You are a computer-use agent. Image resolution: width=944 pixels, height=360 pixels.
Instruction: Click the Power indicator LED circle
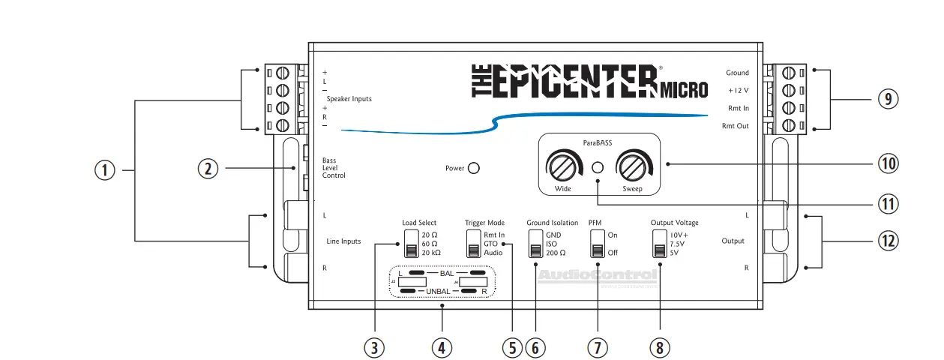point(474,169)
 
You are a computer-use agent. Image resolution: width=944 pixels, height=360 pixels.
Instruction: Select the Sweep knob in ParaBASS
point(631,164)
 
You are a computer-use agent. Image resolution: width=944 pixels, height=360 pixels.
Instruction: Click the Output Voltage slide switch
point(659,243)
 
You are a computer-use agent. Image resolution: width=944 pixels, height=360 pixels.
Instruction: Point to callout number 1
point(105,171)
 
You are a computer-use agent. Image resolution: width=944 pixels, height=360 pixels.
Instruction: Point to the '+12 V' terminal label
point(738,90)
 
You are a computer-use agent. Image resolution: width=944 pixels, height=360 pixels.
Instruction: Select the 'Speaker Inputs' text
point(349,99)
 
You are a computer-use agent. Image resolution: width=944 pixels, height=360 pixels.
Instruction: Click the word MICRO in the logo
point(684,91)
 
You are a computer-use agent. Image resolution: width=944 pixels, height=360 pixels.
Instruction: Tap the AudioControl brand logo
point(598,276)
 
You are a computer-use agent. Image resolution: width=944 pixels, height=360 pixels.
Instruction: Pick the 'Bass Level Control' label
point(334,167)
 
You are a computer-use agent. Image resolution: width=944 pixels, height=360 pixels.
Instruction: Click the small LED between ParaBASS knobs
point(598,166)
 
